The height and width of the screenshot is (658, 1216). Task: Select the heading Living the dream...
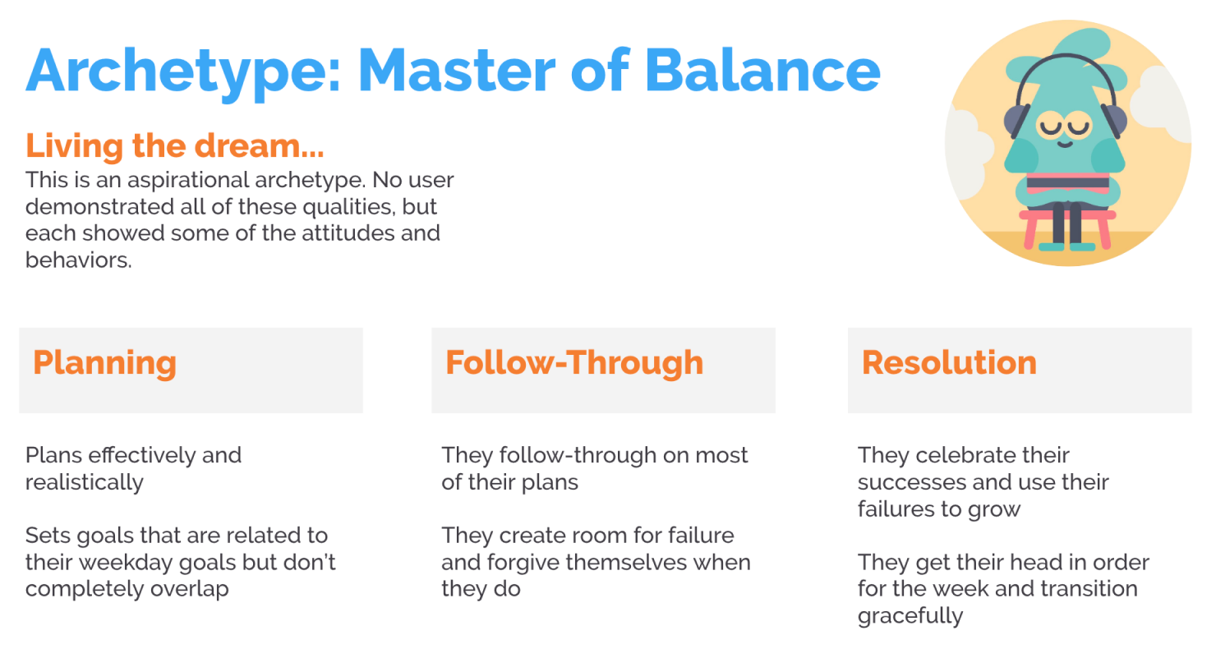(x=174, y=145)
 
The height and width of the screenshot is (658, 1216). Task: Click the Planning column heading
(x=104, y=362)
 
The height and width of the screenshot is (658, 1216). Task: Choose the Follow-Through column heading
(x=574, y=362)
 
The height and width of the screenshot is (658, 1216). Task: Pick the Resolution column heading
(x=949, y=362)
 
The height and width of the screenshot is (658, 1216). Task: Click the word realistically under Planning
(x=85, y=482)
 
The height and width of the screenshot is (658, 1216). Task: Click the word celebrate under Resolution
(x=976, y=455)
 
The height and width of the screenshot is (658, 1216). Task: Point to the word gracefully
(x=910, y=615)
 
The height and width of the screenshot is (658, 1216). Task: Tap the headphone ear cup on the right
(x=1113, y=121)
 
